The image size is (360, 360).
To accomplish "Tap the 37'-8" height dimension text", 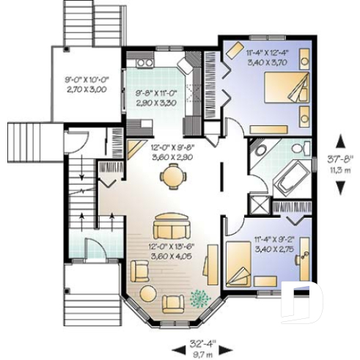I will coord(339,162).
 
